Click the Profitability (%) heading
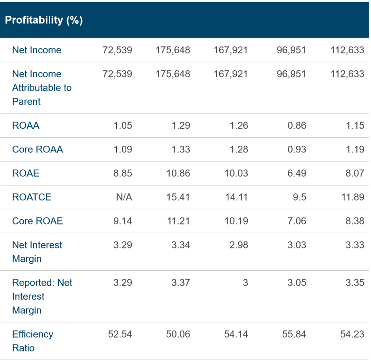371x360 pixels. pyautogui.click(x=44, y=20)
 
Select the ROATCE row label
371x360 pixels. pyautogui.click(x=32, y=197)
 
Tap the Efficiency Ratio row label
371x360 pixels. pyautogui.click(x=32, y=341)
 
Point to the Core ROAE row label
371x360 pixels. pyautogui.click(x=38, y=221)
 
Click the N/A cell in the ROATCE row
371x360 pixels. pyautogui.click(x=124, y=197)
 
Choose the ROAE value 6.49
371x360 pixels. pyautogui.click(x=297, y=173)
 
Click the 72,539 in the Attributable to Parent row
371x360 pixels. pyautogui.click(x=117, y=74)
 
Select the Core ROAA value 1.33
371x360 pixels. pyautogui.click(x=181, y=149)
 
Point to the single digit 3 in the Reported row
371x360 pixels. pyautogui.click(x=245, y=283)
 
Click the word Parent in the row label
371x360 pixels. pyautogui.click(x=26, y=102)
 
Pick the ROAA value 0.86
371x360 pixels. pyautogui.click(x=297, y=126)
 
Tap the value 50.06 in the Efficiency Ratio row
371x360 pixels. pyautogui.click(x=178, y=334)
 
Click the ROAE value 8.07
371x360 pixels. pyautogui.click(x=354, y=173)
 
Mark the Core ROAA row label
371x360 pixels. pyautogui.click(x=38, y=149)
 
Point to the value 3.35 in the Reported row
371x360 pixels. pyautogui.click(x=354, y=283)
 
